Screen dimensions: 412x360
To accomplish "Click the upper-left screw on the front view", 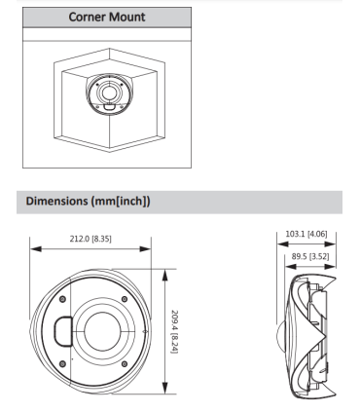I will coord(63,298).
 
